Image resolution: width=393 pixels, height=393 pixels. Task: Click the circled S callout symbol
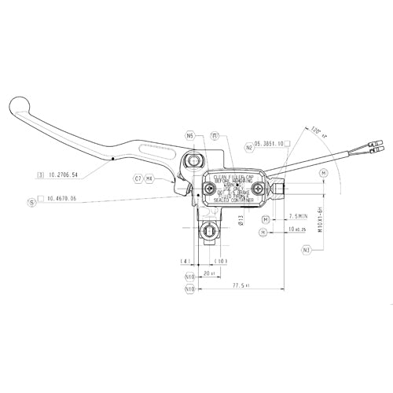click(31, 201)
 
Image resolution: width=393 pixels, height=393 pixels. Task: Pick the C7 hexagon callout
click(138, 179)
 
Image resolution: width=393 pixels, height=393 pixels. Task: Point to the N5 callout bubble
click(190, 135)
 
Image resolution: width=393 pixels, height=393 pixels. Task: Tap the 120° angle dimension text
click(316, 130)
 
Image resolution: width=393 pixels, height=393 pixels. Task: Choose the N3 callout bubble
click(307, 250)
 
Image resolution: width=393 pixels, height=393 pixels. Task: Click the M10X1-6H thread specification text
click(319, 214)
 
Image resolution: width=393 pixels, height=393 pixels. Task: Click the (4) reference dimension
click(185, 260)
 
